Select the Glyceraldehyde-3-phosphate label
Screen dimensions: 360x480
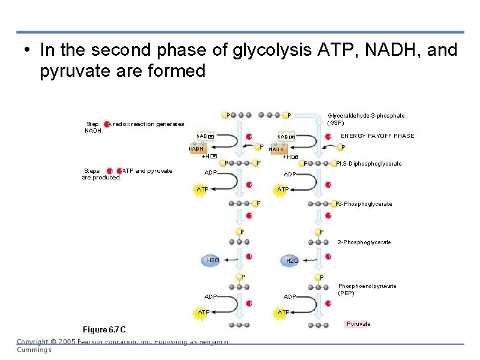pos(366,119)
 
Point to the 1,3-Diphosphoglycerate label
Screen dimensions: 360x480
pos(370,164)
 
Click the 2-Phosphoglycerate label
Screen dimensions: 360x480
pos(364,242)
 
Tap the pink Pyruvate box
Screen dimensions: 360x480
pos(358,324)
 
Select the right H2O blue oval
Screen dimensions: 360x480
pos(292,261)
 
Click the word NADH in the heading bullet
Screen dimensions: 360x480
pos(394,50)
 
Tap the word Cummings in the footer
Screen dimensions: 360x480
pos(34,350)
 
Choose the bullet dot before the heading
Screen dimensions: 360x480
pos(26,51)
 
